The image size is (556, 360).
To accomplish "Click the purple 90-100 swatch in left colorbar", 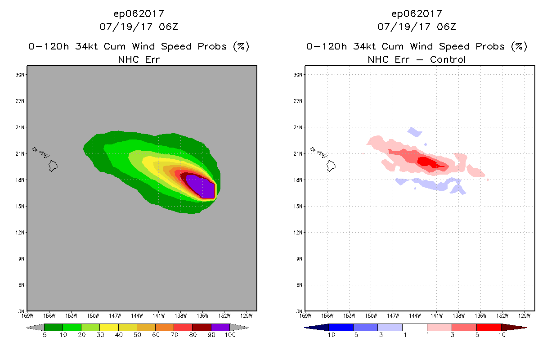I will pos(220,327).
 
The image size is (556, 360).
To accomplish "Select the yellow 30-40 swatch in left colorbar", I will pos(109,327).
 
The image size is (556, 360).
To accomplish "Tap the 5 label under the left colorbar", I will pos(45,335).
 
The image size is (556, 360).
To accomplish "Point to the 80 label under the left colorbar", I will pos(193,335).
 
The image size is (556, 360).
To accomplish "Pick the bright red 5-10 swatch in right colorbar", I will pos(489,327).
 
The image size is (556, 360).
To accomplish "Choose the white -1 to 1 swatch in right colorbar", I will pos(414,327).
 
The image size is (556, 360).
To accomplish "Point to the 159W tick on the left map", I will pos(28,315).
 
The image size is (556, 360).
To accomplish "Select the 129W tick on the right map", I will pos(524,315).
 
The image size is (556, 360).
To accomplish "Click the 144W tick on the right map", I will pos(415,315).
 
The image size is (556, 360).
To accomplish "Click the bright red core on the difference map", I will pos(427,162).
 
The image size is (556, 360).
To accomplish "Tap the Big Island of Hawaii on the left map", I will pos(53,166).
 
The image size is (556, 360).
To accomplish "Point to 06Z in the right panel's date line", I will pos(446,27).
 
